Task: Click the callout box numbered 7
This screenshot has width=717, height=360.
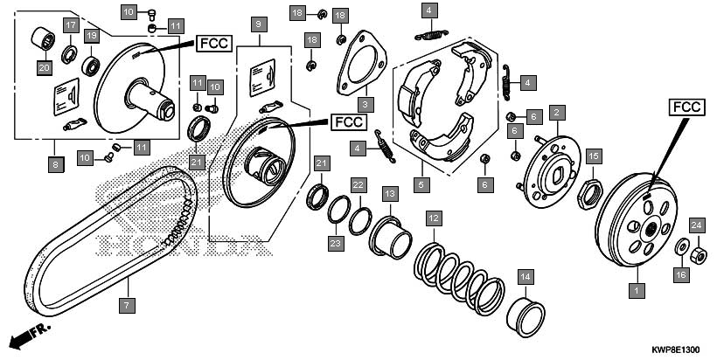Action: point(127,305)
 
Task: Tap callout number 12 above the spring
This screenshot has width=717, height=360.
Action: point(434,218)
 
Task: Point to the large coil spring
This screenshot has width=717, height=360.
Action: point(459,278)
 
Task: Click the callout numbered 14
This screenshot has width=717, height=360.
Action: point(526,277)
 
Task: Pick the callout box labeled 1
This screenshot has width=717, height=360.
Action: point(637,289)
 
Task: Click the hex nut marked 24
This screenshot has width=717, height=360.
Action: point(699,255)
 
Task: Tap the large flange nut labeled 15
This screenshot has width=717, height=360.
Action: point(590,194)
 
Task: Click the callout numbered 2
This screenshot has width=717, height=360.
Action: point(557,113)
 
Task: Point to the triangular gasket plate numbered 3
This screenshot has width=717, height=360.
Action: point(361,63)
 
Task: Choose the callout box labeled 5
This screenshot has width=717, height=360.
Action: point(421,185)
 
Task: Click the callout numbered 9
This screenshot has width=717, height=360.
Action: point(259,24)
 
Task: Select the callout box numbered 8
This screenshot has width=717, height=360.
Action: point(56,164)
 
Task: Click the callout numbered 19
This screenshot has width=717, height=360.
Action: point(92,35)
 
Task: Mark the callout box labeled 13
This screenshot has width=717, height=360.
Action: point(390,194)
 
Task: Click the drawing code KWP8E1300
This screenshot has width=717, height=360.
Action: point(675,350)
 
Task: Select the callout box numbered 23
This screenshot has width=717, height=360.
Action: point(336,243)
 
